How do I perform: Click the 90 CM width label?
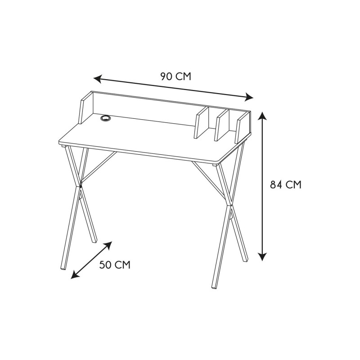click(x=175, y=76)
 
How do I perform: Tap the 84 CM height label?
click(x=285, y=184)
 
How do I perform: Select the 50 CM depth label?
click(x=115, y=265)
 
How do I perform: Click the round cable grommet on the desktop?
click(x=106, y=118)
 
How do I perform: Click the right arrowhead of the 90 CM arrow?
click(x=249, y=97)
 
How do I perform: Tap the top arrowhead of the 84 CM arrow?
click(x=262, y=116)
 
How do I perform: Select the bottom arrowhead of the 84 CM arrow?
click(x=262, y=257)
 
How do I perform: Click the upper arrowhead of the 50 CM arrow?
click(x=109, y=244)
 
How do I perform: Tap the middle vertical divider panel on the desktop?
click(x=222, y=125)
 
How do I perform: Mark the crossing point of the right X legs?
click(x=229, y=206)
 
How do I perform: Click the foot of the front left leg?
click(x=63, y=267)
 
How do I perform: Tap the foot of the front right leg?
click(x=214, y=286)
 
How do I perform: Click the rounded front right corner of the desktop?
click(x=219, y=162)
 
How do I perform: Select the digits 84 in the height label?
click(x=275, y=184)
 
